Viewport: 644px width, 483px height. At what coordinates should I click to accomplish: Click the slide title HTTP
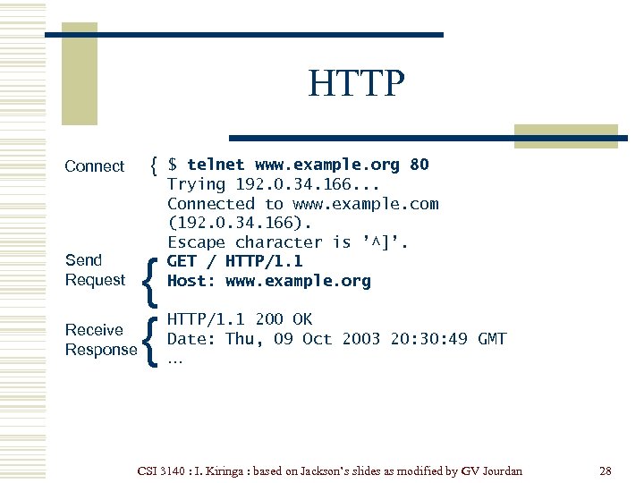coord(356,85)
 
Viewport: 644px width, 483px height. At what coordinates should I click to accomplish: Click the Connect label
coord(94,166)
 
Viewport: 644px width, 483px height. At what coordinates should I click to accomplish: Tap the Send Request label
coord(94,270)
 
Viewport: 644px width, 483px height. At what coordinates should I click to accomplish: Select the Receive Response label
coord(100,340)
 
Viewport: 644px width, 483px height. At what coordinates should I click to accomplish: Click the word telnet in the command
coord(216,165)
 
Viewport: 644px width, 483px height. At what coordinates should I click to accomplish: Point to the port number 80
coord(419,165)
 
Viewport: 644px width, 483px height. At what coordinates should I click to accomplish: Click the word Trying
coord(196,184)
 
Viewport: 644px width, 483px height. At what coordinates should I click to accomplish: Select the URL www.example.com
coord(366,204)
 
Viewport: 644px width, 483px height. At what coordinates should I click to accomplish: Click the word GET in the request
coord(182,261)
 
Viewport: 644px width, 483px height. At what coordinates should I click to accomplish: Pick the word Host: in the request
coord(191,281)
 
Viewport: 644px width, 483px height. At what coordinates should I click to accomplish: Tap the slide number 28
coord(606,470)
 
